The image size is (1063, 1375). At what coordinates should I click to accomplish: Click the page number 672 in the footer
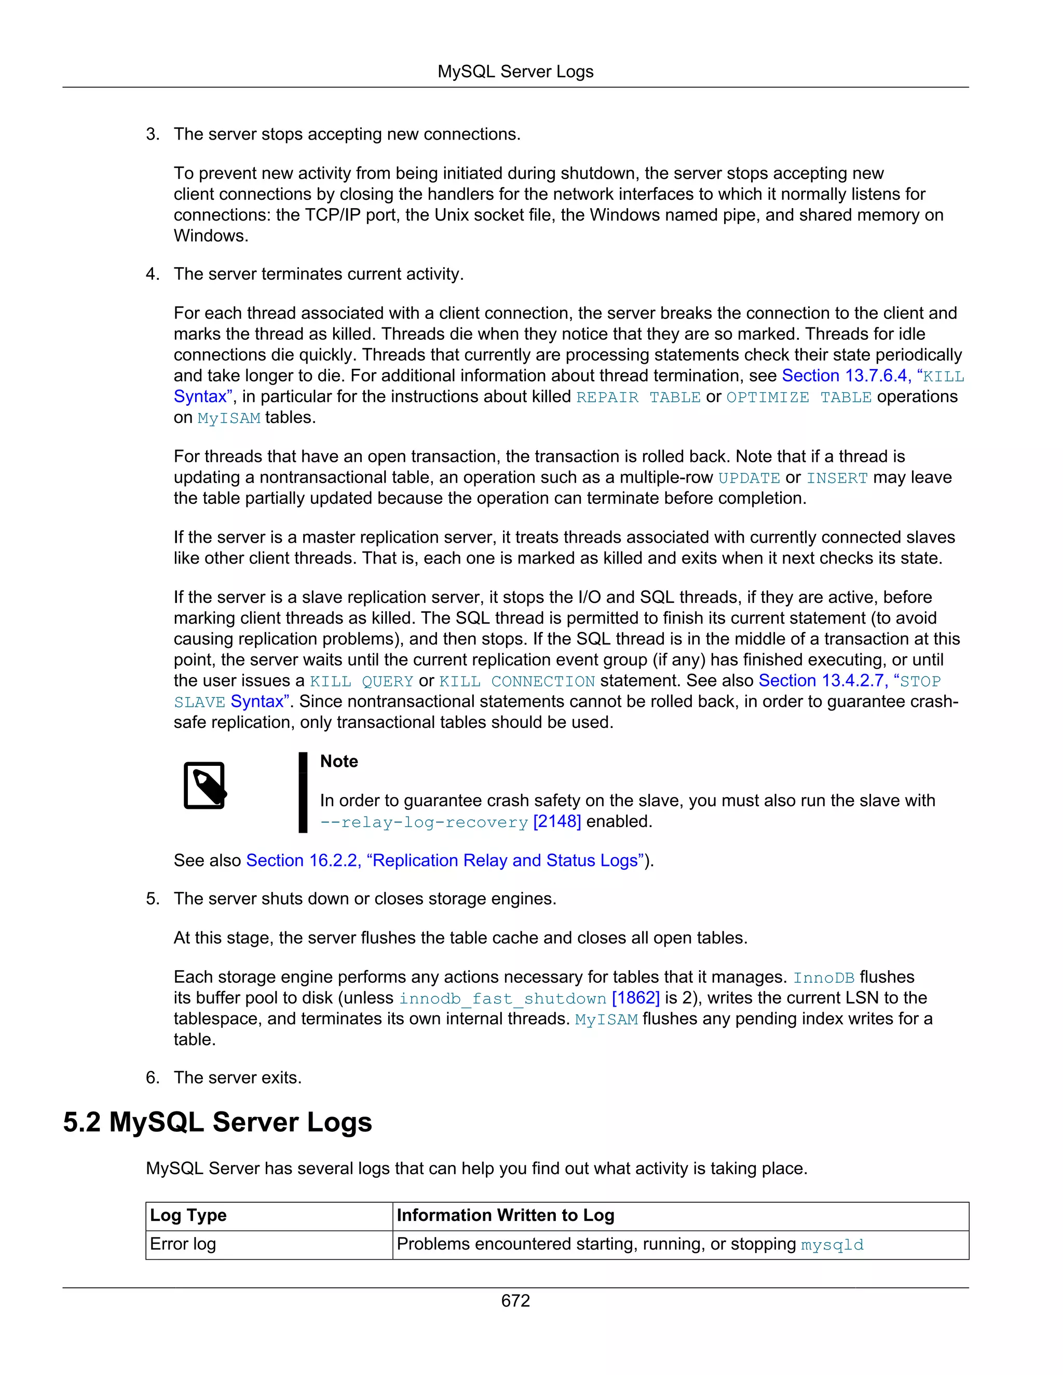[515, 1300]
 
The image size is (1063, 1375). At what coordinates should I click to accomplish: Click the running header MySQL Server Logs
[515, 72]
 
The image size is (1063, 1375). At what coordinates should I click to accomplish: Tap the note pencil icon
[205, 785]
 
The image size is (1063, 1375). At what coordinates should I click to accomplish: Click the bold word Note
[339, 761]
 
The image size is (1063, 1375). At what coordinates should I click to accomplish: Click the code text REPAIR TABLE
[638, 397]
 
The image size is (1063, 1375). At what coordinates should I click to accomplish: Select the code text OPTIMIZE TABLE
[798, 397]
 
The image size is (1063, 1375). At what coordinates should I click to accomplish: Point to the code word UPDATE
[749, 478]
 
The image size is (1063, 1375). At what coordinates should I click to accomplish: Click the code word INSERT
[837, 478]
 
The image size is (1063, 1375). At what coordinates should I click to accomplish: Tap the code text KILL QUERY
[361, 681]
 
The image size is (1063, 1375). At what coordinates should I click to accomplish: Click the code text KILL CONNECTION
[516, 681]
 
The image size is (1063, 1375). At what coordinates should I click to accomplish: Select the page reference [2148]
[557, 821]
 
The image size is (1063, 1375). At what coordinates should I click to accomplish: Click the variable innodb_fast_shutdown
[502, 998]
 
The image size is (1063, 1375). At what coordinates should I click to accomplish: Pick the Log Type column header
[188, 1216]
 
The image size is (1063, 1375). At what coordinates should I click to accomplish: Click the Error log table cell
[183, 1245]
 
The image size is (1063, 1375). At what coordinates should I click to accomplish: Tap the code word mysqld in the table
[832, 1245]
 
